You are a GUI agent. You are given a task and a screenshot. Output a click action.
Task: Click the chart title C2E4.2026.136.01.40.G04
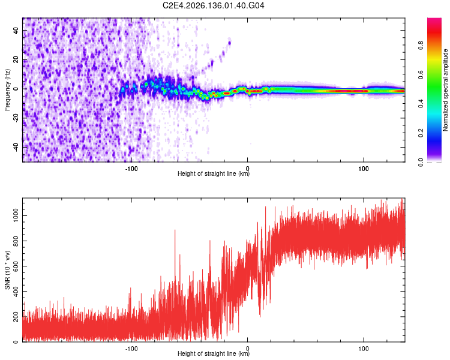coord(213,5)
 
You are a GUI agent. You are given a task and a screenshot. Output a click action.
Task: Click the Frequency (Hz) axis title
coord(7,90)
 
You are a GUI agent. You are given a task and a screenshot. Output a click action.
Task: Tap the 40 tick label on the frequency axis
coord(16,30)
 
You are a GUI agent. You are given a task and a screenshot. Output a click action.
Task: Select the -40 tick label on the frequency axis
coord(16,147)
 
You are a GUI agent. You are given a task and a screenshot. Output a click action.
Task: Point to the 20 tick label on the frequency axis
coord(16,59)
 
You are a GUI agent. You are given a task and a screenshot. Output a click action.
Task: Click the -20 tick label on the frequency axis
coord(16,118)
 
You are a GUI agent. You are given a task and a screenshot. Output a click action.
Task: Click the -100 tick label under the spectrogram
coord(131,169)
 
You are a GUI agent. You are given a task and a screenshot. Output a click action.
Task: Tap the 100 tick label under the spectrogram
coord(364,169)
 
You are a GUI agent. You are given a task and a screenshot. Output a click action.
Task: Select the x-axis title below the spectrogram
coord(214,173)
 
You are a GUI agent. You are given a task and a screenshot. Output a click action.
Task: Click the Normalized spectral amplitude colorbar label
coord(445,90)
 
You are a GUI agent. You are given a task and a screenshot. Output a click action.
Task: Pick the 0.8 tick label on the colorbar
coord(421,46)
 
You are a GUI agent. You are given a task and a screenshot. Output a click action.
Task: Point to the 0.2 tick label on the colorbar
coord(421,133)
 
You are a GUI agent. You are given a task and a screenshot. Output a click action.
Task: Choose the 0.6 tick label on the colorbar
coord(421,74)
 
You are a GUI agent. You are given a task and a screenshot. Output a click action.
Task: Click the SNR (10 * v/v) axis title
coord(7,270)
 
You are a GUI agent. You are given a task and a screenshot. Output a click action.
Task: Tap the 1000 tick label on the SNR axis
coord(16,215)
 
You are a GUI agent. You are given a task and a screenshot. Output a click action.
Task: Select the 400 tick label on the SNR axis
coord(16,292)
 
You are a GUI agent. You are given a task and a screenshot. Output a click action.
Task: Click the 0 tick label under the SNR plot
coord(247,349)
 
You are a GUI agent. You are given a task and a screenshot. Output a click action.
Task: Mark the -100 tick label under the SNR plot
coord(131,349)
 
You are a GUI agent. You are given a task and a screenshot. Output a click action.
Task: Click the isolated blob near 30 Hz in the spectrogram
coord(229,43)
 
